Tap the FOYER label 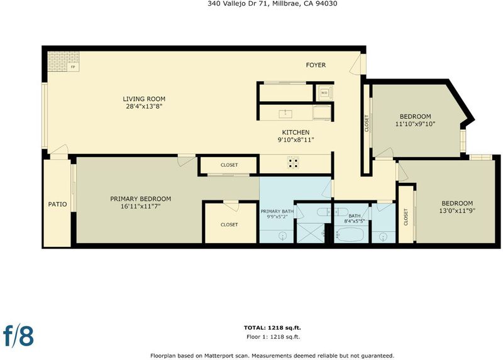[x=316, y=65]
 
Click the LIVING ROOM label [x=144, y=99]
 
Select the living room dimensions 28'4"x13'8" [x=144, y=106]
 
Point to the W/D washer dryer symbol [x=324, y=92]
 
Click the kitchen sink [x=285, y=113]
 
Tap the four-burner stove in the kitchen [x=293, y=163]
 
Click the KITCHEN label [x=296, y=132]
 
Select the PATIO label [x=57, y=204]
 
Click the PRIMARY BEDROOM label [x=140, y=199]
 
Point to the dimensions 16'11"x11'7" [x=140, y=207]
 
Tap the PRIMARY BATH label [x=277, y=211]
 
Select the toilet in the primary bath [x=323, y=212]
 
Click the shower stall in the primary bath [x=311, y=233]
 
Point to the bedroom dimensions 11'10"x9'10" [x=415, y=124]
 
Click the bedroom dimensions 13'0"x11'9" [x=457, y=210]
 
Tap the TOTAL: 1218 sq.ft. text [x=272, y=327]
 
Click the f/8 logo [x=18, y=335]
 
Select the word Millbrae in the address [x=284, y=4]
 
